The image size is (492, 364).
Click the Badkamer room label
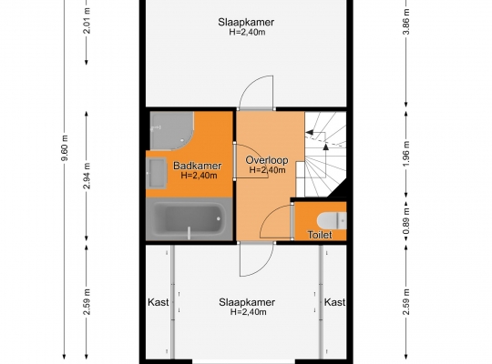coord(198,166)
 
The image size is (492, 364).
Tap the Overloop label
coord(267,160)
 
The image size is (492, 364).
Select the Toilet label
coord(320,235)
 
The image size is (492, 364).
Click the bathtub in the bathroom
coord(190,218)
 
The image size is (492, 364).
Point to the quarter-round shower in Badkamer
coord(171,130)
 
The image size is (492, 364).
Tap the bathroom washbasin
coord(157,173)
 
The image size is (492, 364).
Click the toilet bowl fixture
coord(332,220)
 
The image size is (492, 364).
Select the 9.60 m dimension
coord(65,148)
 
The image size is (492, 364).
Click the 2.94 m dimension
coord(87,176)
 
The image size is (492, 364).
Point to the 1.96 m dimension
coord(406,155)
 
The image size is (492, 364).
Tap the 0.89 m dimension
coord(406,221)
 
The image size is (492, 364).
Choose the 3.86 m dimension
coord(406,21)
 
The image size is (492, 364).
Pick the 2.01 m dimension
coord(87,21)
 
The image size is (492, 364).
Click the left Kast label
coord(159,302)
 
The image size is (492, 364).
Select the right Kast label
coord(334,302)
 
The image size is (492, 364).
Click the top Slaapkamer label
coord(246,22)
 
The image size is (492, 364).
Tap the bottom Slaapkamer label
coord(247,302)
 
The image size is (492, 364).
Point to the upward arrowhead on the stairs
coord(325,147)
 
